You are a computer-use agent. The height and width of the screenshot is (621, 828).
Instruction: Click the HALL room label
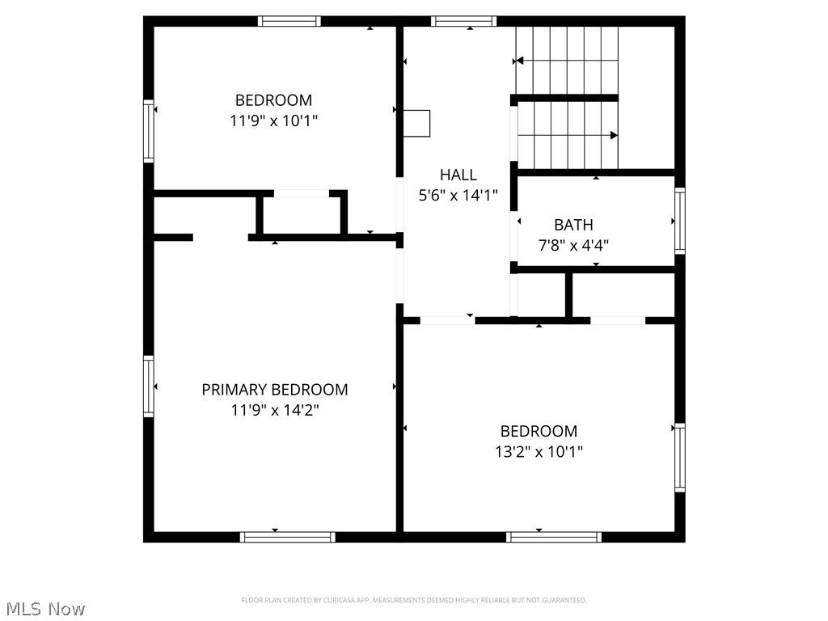point(458,174)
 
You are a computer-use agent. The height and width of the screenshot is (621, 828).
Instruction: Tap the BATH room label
point(573,225)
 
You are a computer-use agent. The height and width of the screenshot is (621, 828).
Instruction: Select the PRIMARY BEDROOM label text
point(275,390)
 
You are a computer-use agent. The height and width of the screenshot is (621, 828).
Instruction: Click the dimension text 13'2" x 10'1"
point(539,452)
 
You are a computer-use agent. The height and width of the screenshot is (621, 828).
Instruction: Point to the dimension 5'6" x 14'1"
point(458,195)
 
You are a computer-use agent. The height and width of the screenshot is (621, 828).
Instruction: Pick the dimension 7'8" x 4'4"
point(573,245)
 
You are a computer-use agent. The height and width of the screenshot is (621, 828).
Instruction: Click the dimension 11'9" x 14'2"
point(275,410)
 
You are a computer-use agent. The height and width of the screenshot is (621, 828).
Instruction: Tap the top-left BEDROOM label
point(273,100)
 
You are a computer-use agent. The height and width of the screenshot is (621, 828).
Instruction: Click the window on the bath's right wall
point(680,220)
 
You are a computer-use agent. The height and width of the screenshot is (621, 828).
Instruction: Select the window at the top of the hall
point(463,21)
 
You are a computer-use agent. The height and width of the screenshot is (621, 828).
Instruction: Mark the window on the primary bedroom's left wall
point(149,387)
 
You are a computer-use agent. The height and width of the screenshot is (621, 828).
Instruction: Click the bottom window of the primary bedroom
point(288,536)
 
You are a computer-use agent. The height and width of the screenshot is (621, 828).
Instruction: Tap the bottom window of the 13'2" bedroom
point(554,536)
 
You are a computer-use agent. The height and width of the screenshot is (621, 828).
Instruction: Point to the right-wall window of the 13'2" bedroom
point(680,458)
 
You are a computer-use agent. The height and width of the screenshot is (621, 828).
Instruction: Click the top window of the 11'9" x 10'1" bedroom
point(289,21)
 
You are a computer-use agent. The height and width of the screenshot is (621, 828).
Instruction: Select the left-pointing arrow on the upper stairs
point(519,60)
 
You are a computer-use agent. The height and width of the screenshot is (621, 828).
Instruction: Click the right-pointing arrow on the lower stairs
point(614,135)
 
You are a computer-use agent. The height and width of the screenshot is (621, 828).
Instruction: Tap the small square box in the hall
point(417,123)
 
